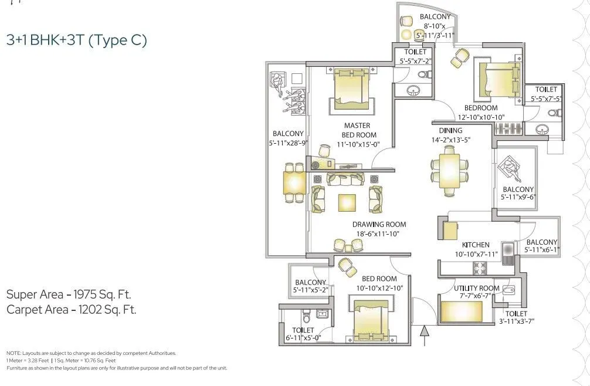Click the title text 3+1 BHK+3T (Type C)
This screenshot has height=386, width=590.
[76, 40]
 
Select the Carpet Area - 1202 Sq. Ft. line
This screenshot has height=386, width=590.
[71, 310]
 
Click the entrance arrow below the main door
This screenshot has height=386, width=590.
[426, 337]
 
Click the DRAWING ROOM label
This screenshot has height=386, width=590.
[379, 224]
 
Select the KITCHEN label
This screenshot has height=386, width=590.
[476, 245]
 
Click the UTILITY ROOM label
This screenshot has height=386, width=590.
[477, 288]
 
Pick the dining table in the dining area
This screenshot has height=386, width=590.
[449, 170]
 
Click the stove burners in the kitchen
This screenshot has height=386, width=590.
[480, 268]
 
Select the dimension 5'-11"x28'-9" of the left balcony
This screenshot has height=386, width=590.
[288, 143]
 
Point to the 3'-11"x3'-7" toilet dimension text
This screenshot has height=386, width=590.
[516, 321]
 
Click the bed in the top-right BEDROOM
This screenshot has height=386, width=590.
[499, 80]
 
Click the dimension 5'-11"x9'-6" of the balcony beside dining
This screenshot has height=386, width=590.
[518, 198]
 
